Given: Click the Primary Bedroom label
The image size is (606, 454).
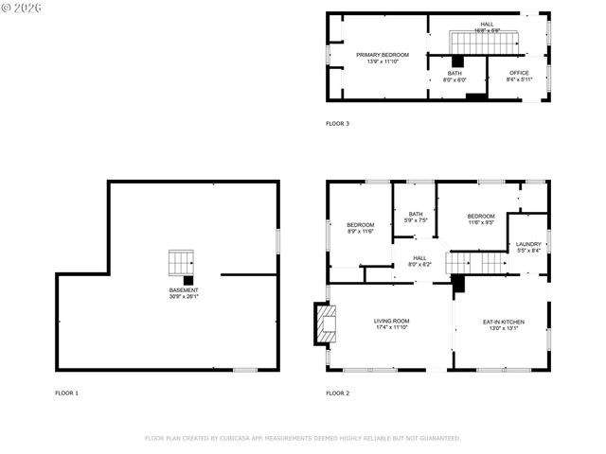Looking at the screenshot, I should coord(383,55).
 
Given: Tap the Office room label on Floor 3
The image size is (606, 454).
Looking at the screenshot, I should coord(519,73).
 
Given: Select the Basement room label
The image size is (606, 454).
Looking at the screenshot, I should coord(184,290).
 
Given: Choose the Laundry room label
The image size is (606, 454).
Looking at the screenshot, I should coord(528,244).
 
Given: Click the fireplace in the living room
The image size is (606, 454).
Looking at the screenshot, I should coord(326,323).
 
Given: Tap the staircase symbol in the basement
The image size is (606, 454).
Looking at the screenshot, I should coord(181,261).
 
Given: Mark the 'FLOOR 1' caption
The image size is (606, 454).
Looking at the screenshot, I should coord(66,393).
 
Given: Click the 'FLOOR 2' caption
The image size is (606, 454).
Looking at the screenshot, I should coord(338,393).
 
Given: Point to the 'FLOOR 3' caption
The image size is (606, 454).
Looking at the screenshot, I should coord(338,123).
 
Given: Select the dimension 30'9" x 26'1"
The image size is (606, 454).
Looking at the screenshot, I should coord(184,297).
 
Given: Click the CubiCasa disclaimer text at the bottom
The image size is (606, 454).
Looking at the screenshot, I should coord(303,438).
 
